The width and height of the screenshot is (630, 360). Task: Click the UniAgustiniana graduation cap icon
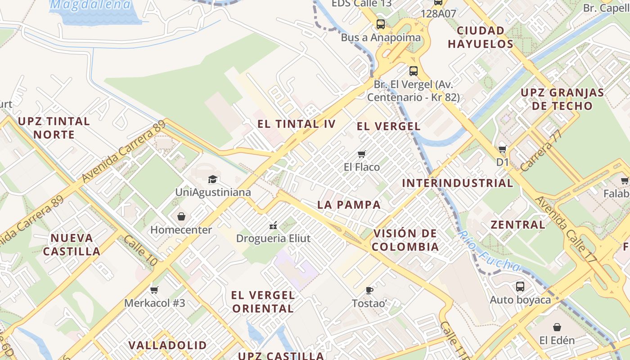click(212, 180)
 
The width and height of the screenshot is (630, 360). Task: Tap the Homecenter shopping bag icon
click(181, 217)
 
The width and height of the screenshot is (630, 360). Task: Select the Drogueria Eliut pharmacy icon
click(273, 225)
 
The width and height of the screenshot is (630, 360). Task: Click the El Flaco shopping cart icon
click(361, 154)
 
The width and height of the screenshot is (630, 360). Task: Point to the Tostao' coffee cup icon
click(369, 290)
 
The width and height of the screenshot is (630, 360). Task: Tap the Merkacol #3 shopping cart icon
click(154, 290)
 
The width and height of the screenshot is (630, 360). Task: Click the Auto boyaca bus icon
click(520, 286)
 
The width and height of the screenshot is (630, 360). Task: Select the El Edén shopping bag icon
click(557, 327)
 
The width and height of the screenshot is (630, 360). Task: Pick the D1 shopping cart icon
click(502, 149)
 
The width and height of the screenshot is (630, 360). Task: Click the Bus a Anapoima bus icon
click(381, 24)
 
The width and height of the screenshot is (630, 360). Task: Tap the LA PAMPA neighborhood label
click(349, 205)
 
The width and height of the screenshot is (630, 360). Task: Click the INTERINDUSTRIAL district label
click(457, 183)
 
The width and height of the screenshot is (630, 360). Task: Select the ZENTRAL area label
click(518, 225)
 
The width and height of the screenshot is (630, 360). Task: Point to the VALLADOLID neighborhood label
click(167, 345)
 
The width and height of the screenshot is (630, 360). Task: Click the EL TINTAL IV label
click(297, 124)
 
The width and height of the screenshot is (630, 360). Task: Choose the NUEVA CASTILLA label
click(72, 244)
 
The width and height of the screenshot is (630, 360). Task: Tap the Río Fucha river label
click(488, 252)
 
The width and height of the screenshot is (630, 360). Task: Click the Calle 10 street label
click(140, 251)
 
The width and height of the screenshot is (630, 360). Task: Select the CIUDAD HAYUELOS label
click(480, 37)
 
